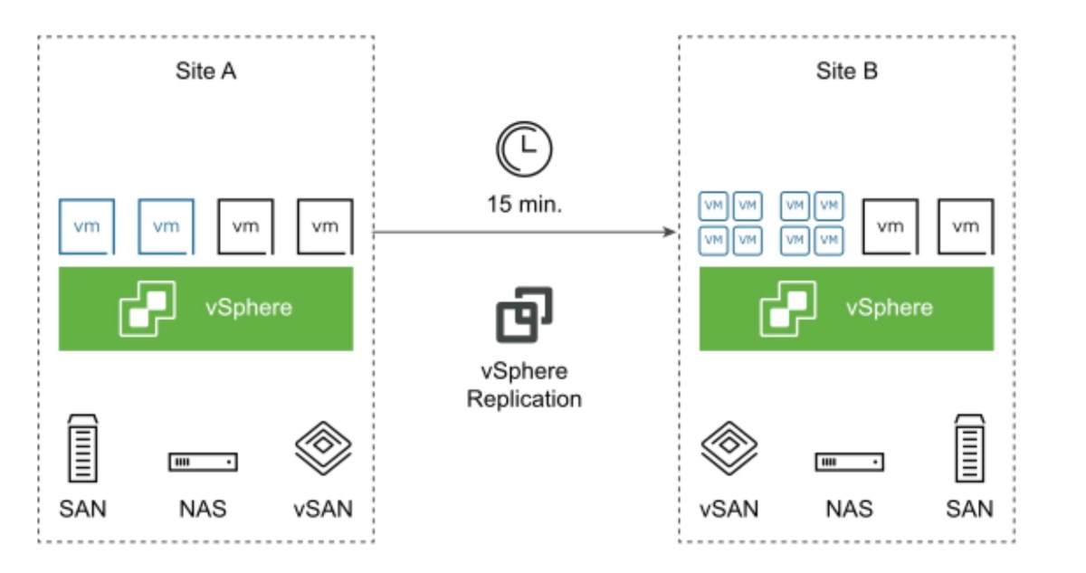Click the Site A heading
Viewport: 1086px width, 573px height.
tap(205, 72)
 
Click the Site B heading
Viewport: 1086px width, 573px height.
tap(846, 72)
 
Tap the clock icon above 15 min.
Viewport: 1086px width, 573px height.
tap(523, 149)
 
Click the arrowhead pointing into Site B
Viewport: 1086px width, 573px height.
tap(671, 233)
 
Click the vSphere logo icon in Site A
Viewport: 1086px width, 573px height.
tap(147, 308)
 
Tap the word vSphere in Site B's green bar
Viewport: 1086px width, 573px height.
tap(888, 308)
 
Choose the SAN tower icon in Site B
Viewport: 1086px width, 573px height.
tap(969, 450)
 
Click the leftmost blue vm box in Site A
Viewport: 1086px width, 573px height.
tap(88, 226)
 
